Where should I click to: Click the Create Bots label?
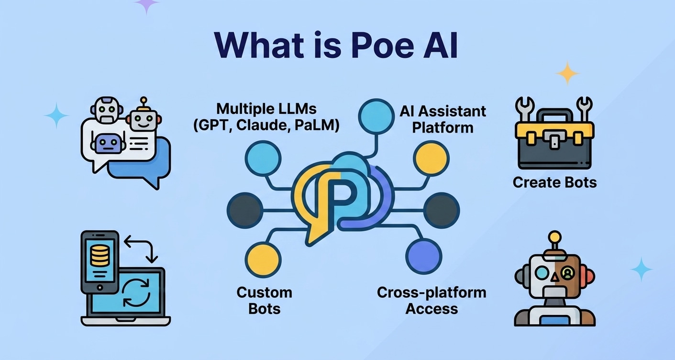click(x=554, y=182)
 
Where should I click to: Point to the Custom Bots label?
click(x=264, y=300)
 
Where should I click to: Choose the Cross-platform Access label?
click(x=432, y=300)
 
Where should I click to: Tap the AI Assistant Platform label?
click(x=443, y=119)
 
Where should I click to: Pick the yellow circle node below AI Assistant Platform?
click(x=431, y=158)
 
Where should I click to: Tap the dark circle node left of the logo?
click(x=245, y=210)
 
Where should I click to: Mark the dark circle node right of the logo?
click(x=441, y=210)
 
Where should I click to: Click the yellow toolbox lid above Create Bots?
click(x=554, y=130)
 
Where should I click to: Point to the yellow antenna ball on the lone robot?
click(x=554, y=236)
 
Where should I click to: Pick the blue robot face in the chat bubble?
click(x=110, y=143)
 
